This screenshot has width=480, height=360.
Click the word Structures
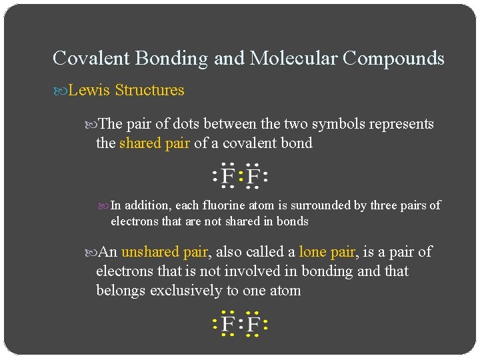point(149,90)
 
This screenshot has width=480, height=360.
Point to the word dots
point(183,124)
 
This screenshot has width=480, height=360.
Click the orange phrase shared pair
point(155,143)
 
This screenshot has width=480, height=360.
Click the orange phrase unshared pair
point(165,252)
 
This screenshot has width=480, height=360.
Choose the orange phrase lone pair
point(328,252)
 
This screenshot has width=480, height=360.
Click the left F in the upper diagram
point(228,177)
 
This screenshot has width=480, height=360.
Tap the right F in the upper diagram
point(253,177)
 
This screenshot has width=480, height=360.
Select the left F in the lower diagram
point(228,325)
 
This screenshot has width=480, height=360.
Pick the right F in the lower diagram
point(253,325)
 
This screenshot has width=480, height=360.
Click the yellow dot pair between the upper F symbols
point(241,177)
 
